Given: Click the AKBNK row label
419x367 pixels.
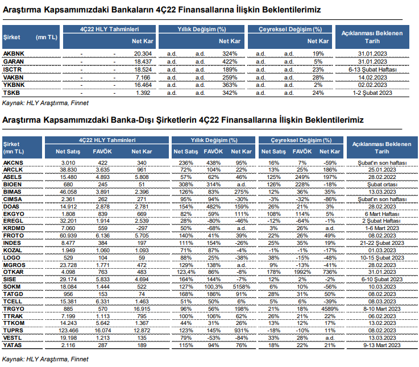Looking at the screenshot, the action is pyautogui.click(x=14, y=54).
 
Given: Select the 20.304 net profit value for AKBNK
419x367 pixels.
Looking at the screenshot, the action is pyautogui.click(x=143, y=54).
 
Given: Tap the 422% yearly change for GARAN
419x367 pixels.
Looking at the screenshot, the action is pyautogui.click(x=230, y=62).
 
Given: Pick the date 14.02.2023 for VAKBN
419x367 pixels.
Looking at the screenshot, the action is pyautogui.click(x=372, y=78).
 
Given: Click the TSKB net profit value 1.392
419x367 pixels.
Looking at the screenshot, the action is pyautogui.click(x=143, y=93).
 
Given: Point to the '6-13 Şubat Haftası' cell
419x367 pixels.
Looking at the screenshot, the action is pyautogui.click(x=372, y=70).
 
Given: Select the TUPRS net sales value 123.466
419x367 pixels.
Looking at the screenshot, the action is pyautogui.click(x=68, y=331).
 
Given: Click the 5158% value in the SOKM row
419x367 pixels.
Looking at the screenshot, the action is pyautogui.click(x=241, y=286).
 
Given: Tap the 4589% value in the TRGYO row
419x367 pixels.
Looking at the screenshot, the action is pyautogui.click(x=330, y=309).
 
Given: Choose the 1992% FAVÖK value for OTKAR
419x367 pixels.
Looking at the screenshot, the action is pyautogui.click(x=302, y=272).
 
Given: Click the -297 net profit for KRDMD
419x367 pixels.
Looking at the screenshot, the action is pyautogui.click(x=142, y=228).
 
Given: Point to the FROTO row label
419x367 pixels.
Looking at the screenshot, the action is pyautogui.click(x=14, y=236).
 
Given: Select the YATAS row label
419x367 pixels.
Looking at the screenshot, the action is pyautogui.click(x=13, y=345).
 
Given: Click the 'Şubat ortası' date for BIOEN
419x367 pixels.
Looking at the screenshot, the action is pyautogui.click(x=382, y=185).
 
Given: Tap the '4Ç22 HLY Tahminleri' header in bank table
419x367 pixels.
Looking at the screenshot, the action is pyautogui.click(x=109, y=29).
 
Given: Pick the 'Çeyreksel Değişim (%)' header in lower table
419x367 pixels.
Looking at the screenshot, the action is pyautogui.click(x=301, y=140).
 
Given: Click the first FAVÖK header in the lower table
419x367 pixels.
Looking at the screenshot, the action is pyautogui.click(x=102, y=152).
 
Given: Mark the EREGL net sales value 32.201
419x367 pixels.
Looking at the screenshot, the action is pyautogui.click(x=69, y=221).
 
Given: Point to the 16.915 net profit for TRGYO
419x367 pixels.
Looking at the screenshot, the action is pyautogui.click(x=142, y=309).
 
